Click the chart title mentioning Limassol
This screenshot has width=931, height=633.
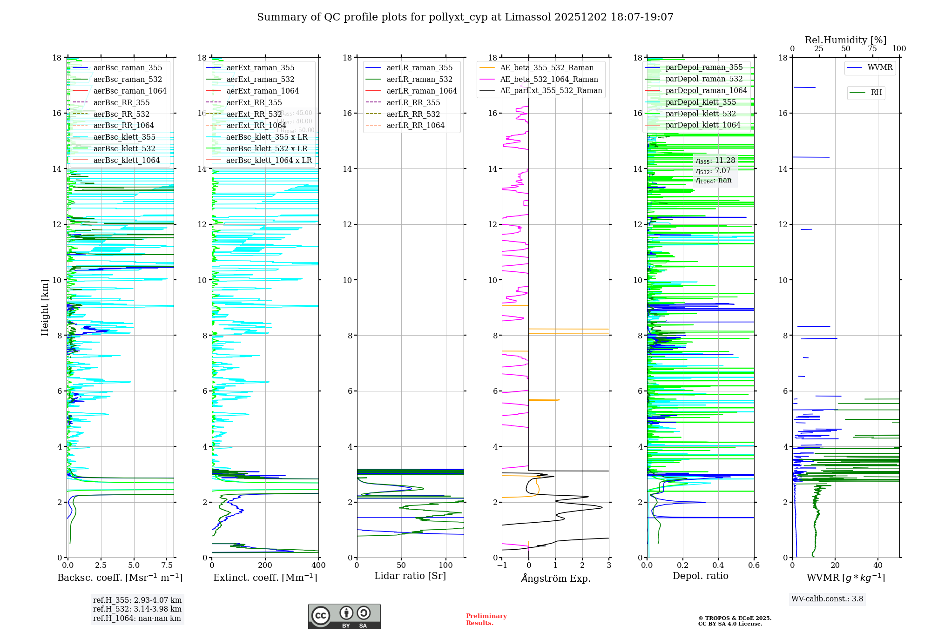click(x=465, y=17)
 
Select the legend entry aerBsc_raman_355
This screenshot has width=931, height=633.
click(x=128, y=68)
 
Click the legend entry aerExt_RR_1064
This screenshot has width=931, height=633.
click(x=256, y=126)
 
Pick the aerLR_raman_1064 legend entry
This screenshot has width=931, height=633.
click(x=422, y=91)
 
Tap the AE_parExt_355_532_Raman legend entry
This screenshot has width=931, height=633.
click(x=551, y=91)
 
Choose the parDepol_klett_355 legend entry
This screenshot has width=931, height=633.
click(x=701, y=102)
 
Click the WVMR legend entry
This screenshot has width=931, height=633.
click(x=880, y=67)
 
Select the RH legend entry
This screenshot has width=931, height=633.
click(x=876, y=93)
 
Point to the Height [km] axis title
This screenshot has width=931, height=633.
click(x=45, y=308)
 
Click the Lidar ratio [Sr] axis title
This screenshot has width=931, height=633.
click(x=410, y=576)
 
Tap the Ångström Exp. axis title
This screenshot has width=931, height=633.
click(x=555, y=579)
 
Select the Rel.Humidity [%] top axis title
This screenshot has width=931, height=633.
click(x=845, y=40)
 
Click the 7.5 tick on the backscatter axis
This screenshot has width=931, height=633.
click(x=167, y=566)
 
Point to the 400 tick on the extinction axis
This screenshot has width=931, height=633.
click(x=318, y=566)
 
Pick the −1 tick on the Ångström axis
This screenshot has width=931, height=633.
click(x=501, y=566)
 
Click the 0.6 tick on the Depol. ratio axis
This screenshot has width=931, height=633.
click(x=754, y=566)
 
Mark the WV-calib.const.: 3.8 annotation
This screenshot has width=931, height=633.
click(x=827, y=599)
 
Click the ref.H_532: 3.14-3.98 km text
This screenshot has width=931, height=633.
click(x=137, y=609)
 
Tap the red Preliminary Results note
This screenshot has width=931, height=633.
click(x=486, y=620)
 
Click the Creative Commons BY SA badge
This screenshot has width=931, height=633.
click(x=344, y=617)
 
